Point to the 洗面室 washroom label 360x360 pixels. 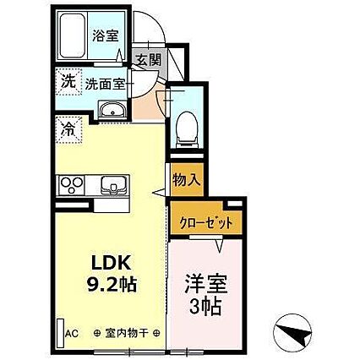[x=107, y=84]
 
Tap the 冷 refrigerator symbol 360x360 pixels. [x=68, y=131]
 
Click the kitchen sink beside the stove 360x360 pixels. [x=110, y=184]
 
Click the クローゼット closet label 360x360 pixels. [x=205, y=223]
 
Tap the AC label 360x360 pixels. [x=74, y=332]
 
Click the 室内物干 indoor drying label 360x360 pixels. [x=127, y=333]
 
